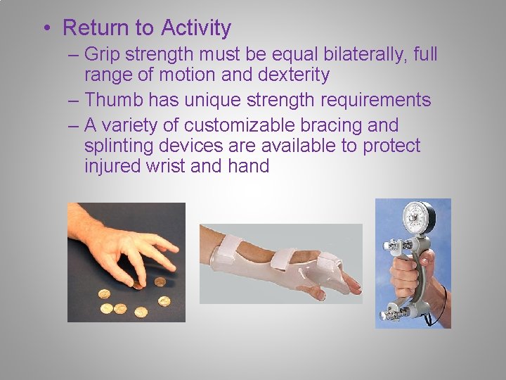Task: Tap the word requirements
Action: click(x=375, y=100)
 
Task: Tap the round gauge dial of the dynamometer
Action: click(x=417, y=220)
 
